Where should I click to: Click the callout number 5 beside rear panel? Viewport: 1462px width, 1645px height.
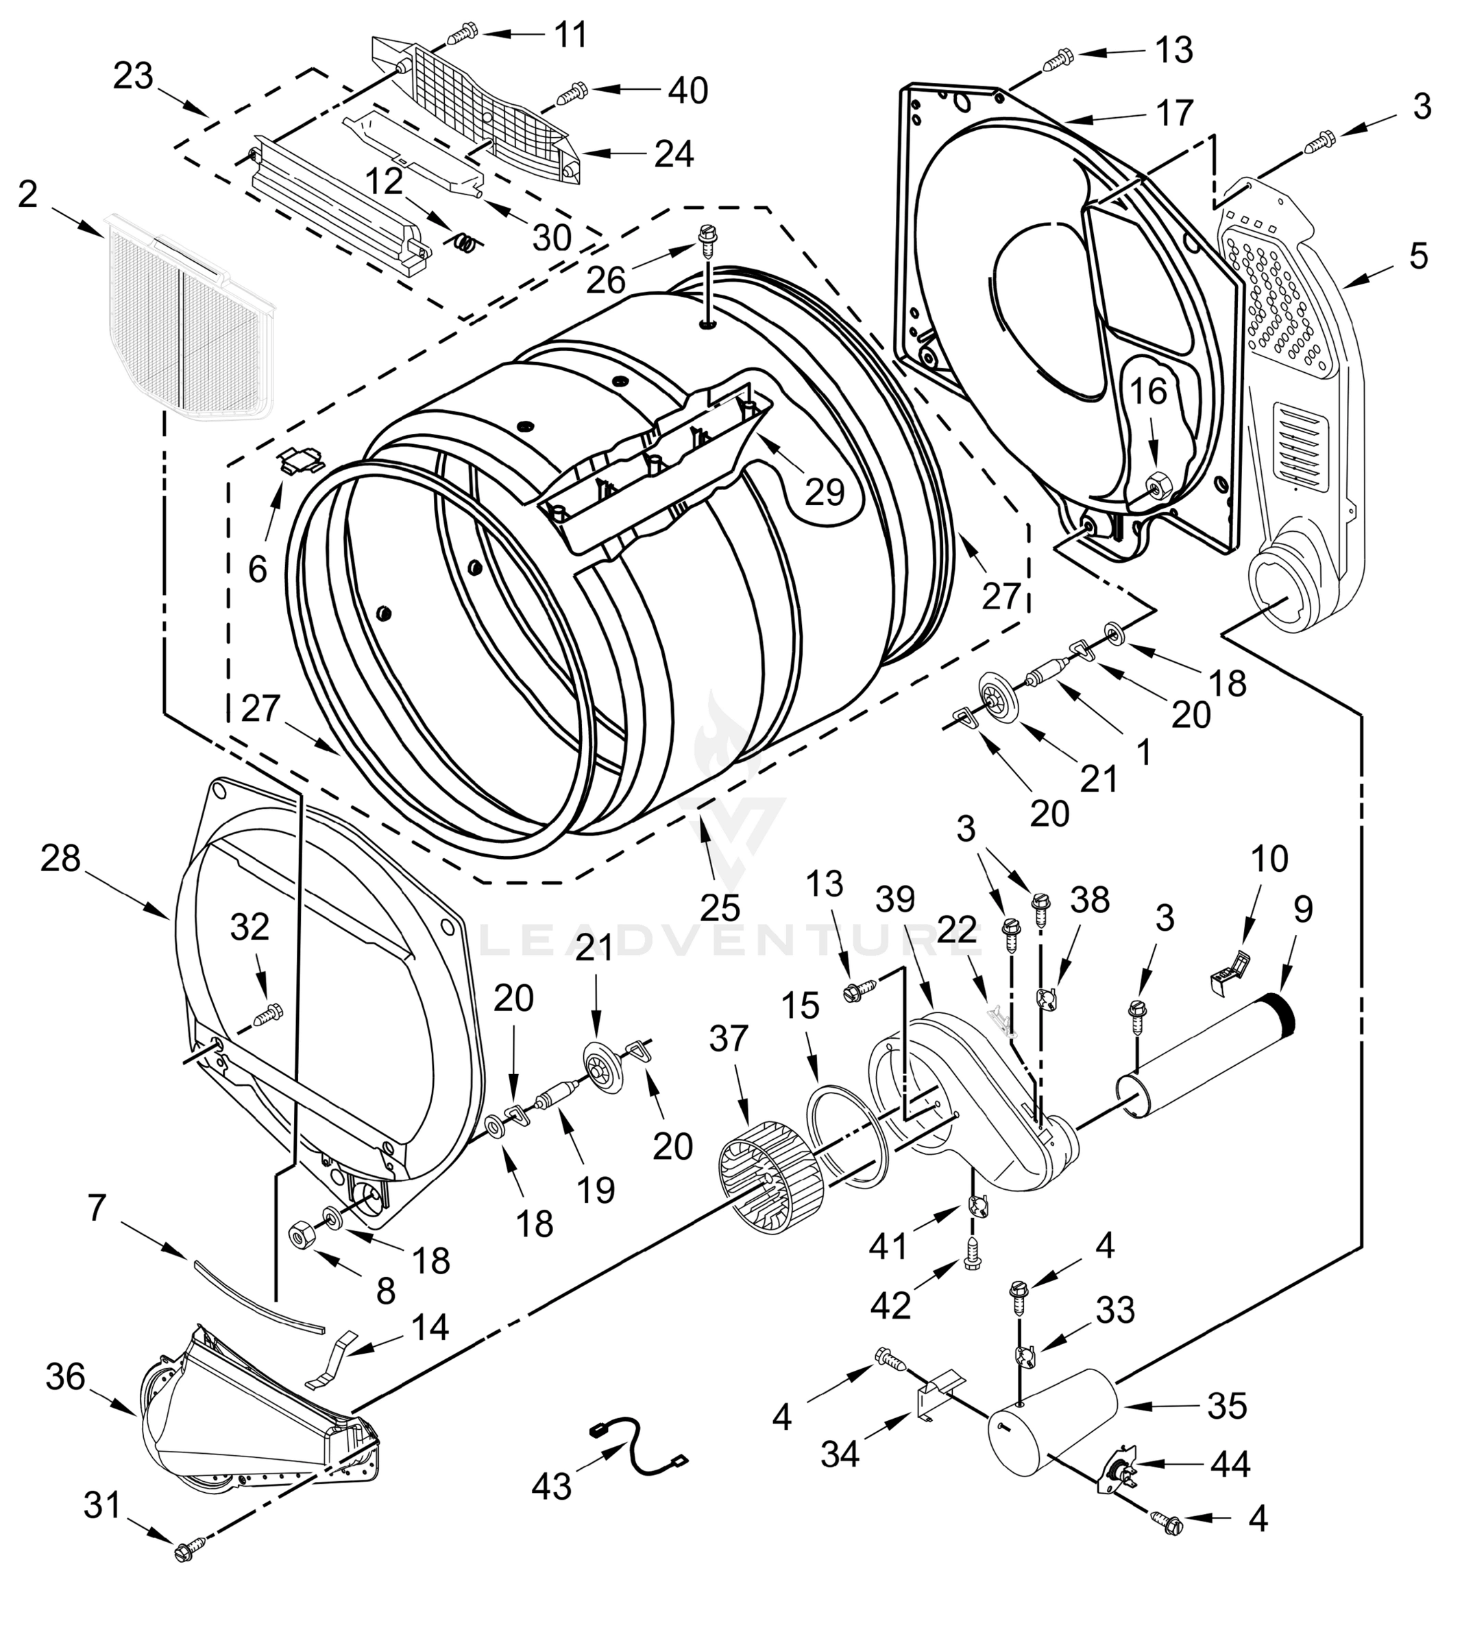tap(1417, 256)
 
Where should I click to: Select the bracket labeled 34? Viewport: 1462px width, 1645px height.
tap(938, 1395)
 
